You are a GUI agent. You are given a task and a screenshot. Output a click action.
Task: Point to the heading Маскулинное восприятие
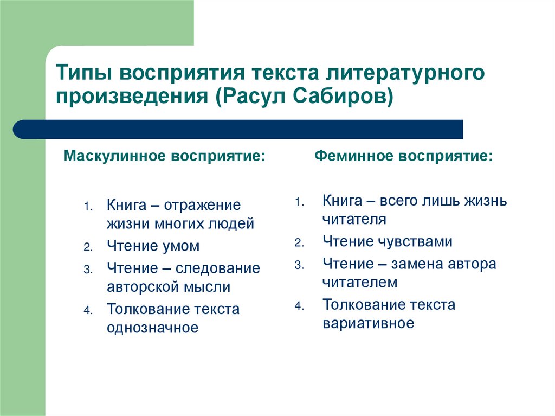165,157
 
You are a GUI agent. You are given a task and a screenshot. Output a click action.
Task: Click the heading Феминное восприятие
404,157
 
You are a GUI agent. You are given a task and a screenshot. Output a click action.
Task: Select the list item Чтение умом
153,246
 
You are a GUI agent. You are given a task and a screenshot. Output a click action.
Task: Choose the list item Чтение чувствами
388,241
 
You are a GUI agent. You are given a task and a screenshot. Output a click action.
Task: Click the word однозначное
152,328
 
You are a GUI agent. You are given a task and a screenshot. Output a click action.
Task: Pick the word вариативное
369,324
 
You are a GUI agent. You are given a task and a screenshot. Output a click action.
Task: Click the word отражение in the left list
202,206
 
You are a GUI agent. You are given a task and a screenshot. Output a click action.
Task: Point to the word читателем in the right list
360,283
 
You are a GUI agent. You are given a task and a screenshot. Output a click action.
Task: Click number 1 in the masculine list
87,207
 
